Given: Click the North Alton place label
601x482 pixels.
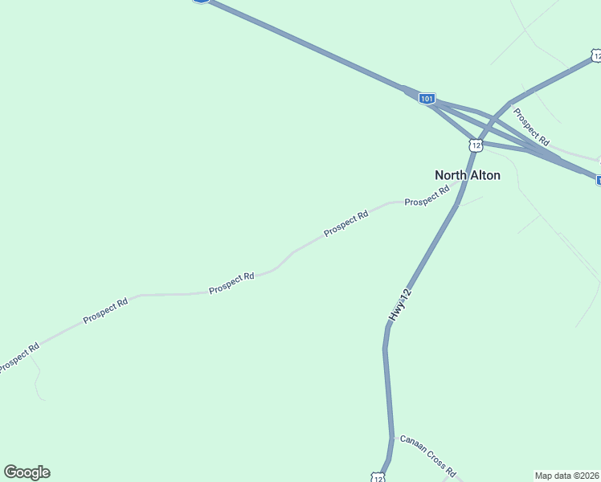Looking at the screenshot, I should (x=467, y=175).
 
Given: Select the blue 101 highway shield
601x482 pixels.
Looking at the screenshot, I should (x=427, y=99).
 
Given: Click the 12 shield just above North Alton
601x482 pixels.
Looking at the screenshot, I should (x=476, y=145).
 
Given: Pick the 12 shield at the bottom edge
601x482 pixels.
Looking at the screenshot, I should (x=378, y=477).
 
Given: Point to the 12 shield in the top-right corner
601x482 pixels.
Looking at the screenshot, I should (x=595, y=55).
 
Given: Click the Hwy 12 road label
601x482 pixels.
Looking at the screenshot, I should (x=400, y=306).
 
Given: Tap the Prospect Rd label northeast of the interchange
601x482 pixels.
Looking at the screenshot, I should (x=531, y=127).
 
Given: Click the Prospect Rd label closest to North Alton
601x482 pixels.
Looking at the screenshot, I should (x=427, y=197).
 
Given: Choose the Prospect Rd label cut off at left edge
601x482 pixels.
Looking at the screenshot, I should (x=18, y=358).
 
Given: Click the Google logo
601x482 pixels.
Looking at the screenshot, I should (x=27, y=472).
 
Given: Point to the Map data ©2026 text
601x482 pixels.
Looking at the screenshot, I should (x=567, y=476).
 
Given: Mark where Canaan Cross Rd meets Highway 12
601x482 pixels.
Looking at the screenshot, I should (x=393, y=437).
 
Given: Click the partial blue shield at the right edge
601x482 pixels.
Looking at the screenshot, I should (x=598, y=180).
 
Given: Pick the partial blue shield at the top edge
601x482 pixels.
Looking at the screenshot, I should (x=201, y=2).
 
